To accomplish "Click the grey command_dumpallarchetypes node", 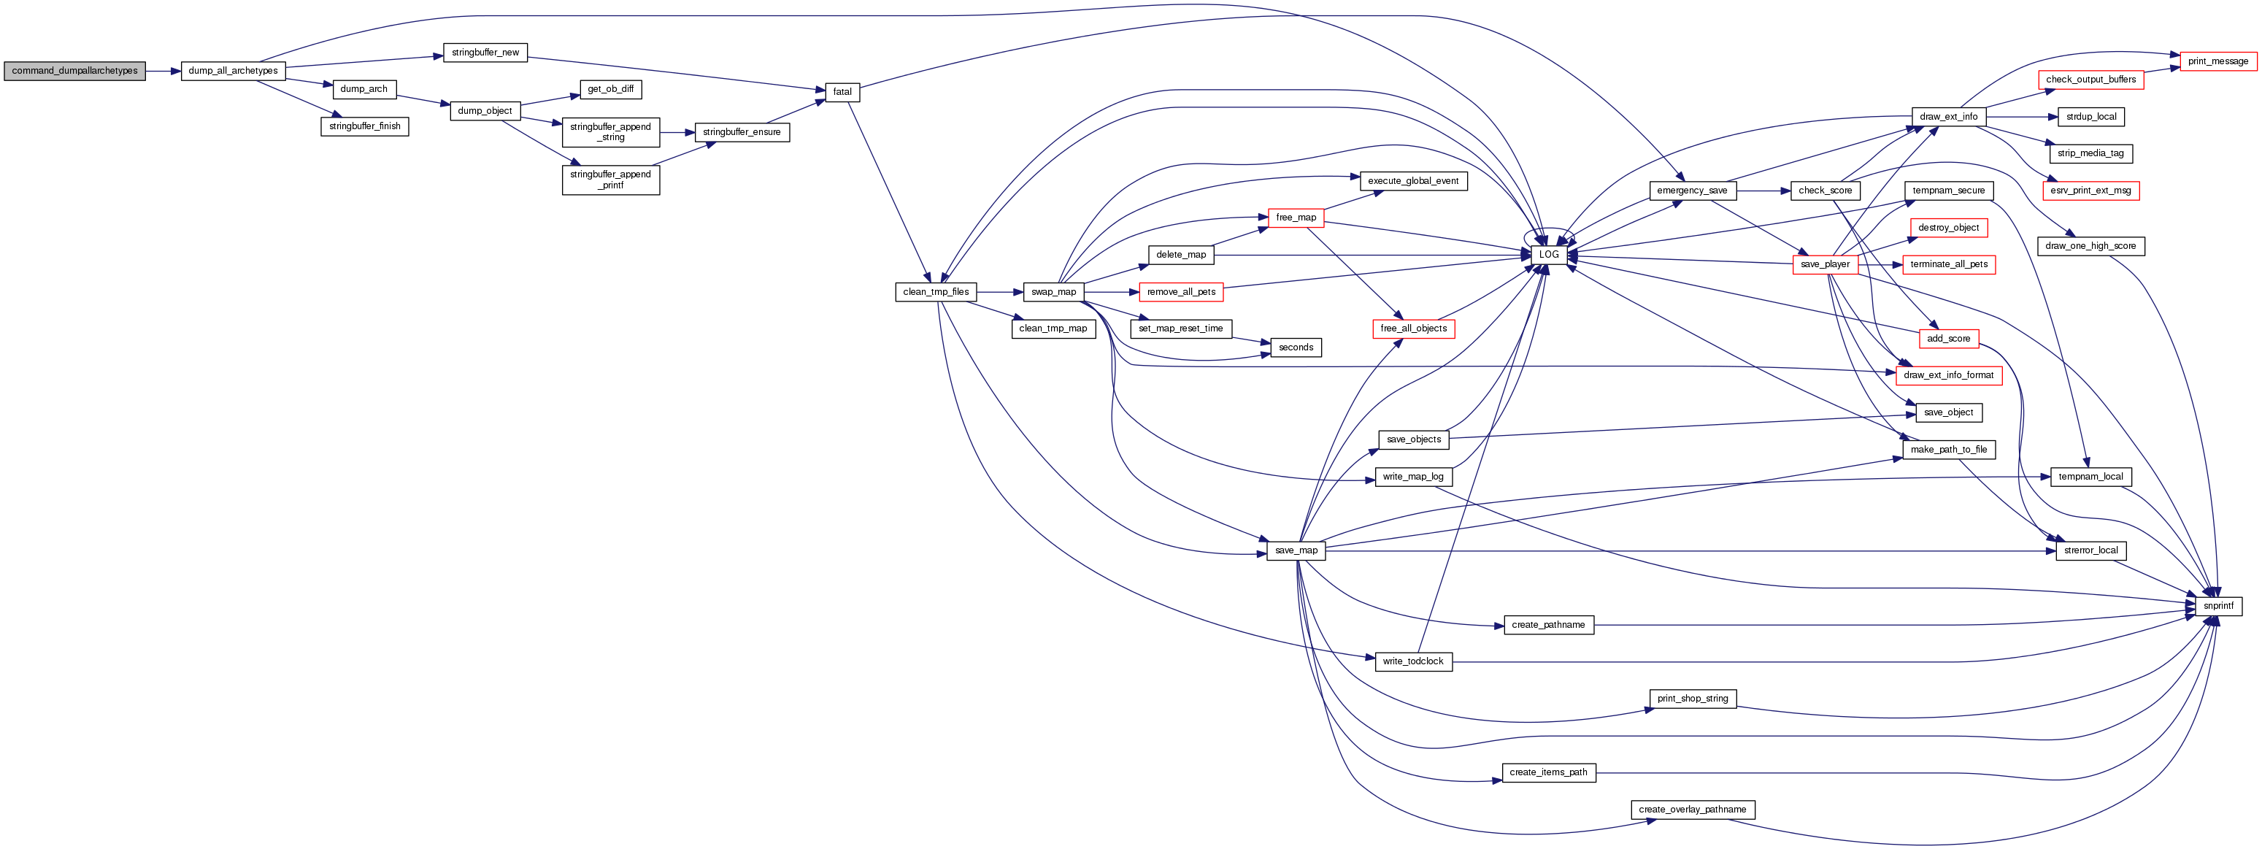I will click(74, 71).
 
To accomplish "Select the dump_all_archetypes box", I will click(233, 71).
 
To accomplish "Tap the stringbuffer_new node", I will click(485, 53).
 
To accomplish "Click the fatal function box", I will click(842, 91).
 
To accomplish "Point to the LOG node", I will click(1548, 255).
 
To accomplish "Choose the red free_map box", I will click(1295, 218).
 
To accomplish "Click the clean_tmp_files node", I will click(935, 291).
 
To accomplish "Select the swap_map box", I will click(1053, 291).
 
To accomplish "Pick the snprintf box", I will click(2218, 606).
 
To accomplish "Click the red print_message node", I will click(2217, 61).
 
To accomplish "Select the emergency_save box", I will click(1691, 191).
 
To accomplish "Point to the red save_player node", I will click(1824, 264).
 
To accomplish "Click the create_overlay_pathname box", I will click(1692, 810).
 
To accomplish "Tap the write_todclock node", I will click(1413, 661).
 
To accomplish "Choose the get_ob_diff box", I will click(610, 88).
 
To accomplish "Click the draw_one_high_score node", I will click(2090, 246).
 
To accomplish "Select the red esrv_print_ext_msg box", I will click(2090, 191).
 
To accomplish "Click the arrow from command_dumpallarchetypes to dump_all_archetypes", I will click(164, 71).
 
